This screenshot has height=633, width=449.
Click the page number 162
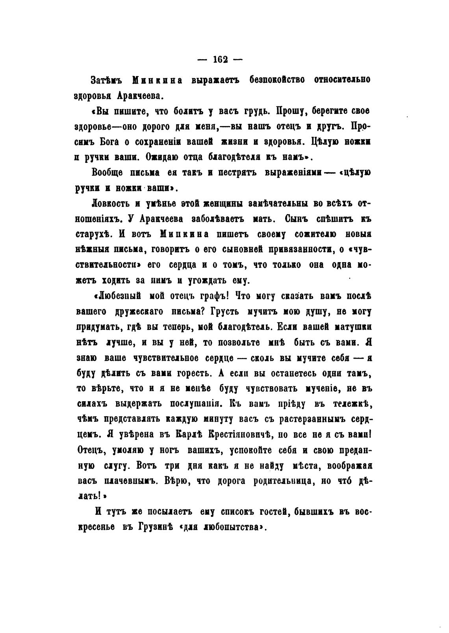221,60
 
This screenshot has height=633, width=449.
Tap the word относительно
342,80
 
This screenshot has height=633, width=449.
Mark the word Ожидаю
163,157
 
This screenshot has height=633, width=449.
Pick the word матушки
351,327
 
